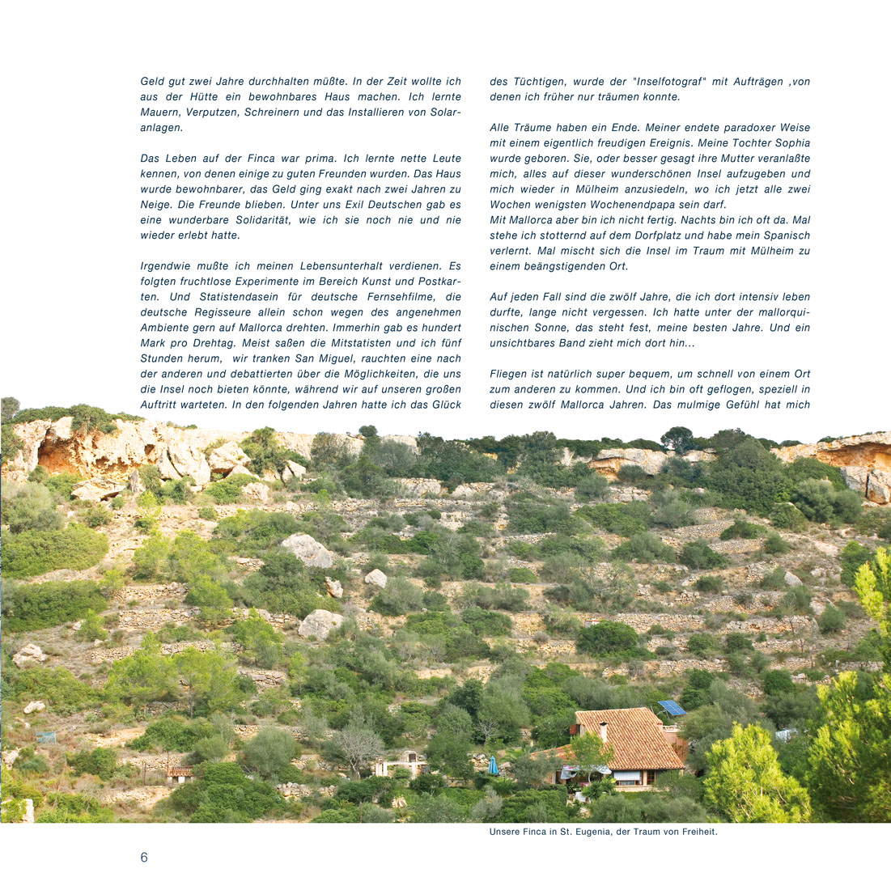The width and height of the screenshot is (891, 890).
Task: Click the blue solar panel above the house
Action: coord(672,708)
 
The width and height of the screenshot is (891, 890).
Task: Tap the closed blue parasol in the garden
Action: coord(493,765)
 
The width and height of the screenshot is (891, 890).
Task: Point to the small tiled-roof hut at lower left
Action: coord(180,774)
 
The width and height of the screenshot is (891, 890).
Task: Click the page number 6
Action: coord(144,858)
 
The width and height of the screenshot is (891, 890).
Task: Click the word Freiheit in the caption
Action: coord(697,832)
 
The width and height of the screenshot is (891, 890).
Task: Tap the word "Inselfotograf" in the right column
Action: coord(670,82)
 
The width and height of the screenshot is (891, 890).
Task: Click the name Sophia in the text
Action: coord(788,143)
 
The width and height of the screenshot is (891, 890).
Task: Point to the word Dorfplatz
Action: coord(634,235)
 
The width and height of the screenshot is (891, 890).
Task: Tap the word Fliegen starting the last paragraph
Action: coord(511,374)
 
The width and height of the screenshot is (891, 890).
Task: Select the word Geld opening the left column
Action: coord(153,82)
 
